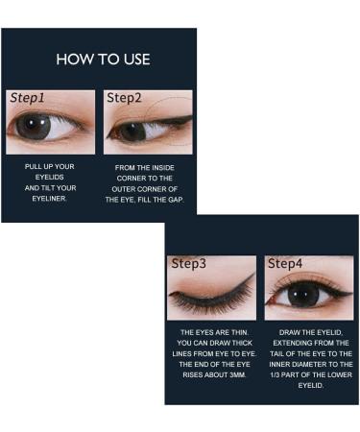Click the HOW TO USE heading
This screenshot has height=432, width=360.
click(x=103, y=59)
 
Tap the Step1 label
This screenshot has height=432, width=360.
click(x=27, y=97)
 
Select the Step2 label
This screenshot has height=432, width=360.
click(x=124, y=97)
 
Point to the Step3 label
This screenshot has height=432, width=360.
click(x=188, y=263)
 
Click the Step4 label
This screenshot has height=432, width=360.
click(x=285, y=263)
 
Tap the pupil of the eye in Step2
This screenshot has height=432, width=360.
click(x=128, y=130)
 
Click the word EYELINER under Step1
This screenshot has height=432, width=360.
click(x=49, y=200)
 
